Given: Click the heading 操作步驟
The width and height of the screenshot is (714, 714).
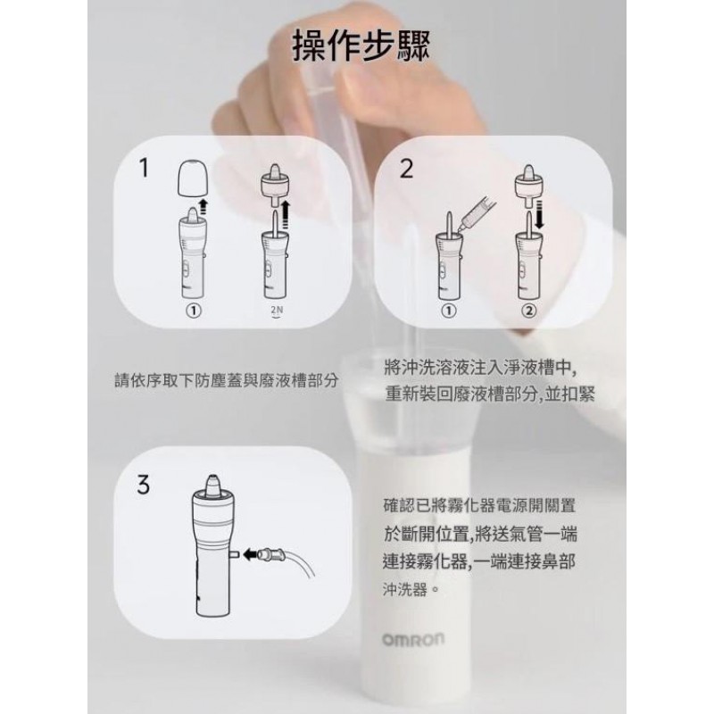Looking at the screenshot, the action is tap(361, 46).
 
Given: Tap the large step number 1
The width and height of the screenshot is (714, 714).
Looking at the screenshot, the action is tap(145, 168).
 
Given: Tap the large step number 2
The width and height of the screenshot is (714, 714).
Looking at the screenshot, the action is tap(406, 168).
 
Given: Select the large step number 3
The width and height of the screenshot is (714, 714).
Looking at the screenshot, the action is tap(143, 485).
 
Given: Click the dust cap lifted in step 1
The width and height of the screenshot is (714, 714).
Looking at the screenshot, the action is tap(192, 178).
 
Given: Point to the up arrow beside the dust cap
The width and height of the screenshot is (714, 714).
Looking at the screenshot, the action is tap(204, 206).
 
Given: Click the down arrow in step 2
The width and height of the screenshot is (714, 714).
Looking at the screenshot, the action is tap(540, 219).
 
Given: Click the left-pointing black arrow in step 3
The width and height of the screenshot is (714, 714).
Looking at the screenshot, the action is tap(251, 554).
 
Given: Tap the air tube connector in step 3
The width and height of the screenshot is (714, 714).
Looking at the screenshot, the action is tap(271, 555).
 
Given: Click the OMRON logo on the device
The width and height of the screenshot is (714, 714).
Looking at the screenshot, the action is tap(413, 639).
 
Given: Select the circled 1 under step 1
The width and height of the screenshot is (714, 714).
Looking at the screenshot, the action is tap(194, 311).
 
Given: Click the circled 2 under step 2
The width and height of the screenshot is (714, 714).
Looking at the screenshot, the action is tap(528, 311).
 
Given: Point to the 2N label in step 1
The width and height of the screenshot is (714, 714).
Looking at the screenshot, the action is tap(277, 311).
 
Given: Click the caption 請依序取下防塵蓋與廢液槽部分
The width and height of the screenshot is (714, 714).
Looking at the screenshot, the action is tap(227, 381).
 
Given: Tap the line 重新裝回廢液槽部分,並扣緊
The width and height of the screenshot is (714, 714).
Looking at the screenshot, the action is tap(490, 394).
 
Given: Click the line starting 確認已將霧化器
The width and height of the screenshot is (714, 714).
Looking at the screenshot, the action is tap(479, 505).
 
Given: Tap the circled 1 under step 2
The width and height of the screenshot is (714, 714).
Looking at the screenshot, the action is tap(449, 311).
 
